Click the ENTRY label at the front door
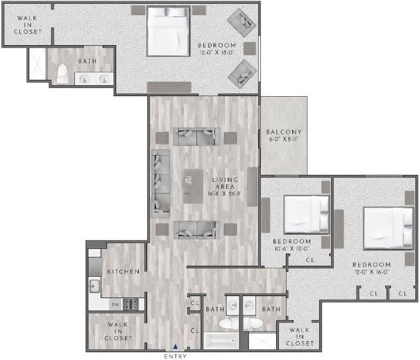tap(176, 355)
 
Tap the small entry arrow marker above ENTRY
tap(176, 347)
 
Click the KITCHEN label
tap(123, 272)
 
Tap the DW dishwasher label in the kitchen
tap(115, 305)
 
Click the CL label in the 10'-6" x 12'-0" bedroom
tap(310, 260)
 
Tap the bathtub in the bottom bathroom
tap(222, 340)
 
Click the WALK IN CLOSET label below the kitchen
tap(119, 332)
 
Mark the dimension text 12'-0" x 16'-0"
tap(371, 273)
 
